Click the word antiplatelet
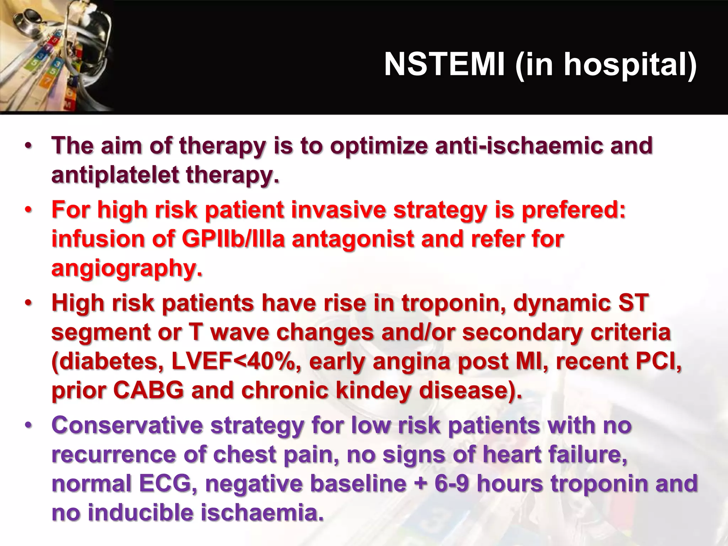tap(115, 175)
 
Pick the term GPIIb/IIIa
tap(234, 239)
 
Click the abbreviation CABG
tap(149, 390)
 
